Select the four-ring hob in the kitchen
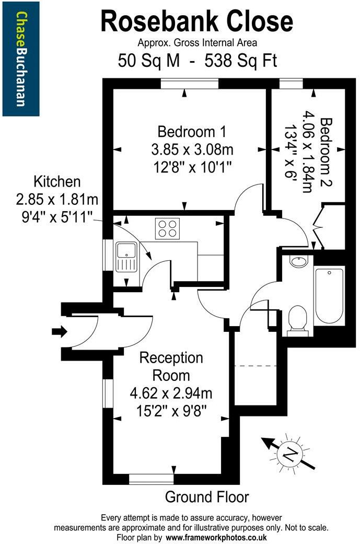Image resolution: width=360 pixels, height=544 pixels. click(x=167, y=229)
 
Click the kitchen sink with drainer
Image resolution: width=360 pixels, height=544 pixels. click(x=125, y=257)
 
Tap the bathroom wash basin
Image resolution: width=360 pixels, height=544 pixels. click(x=298, y=261)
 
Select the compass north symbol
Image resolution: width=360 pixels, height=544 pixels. click(x=288, y=454)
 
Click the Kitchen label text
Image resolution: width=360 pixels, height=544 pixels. click(x=57, y=182)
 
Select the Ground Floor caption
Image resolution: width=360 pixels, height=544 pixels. click(x=207, y=496)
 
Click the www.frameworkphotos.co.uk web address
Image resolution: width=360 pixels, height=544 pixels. click(x=217, y=537)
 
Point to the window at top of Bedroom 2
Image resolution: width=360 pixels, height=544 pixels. click(x=291, y=84)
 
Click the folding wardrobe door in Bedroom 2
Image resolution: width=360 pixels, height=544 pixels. click(x=319, y=225)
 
